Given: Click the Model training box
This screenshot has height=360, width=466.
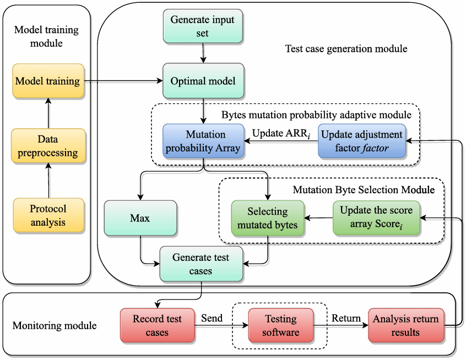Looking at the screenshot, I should coord(48,81).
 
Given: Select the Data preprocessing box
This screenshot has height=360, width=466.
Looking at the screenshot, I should coord(48,146).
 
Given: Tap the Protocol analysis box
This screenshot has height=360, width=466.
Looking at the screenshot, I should coord(48,215).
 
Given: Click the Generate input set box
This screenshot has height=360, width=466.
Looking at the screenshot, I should coord(203,26).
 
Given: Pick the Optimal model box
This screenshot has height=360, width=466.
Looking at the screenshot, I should coord(203,81).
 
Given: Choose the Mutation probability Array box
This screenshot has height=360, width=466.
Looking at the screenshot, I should coord(203,141).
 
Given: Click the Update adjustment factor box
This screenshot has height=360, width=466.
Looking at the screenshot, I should coord(361,141).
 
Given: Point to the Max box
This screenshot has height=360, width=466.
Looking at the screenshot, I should coord(140,219).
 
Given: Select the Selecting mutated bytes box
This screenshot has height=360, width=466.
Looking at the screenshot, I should coord(268,218).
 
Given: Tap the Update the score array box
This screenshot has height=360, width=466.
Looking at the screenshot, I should coord(376,218).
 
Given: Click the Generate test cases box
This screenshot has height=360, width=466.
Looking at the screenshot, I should coord(201,264).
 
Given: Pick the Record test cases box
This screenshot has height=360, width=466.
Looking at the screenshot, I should coord(158,325).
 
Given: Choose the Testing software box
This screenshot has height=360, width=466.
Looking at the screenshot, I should coord(280,325).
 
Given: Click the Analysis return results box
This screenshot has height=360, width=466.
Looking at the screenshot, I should coord(405,325).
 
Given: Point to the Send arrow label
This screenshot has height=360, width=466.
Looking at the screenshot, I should coord(212,318).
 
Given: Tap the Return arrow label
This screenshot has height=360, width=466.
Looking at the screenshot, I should coord(346,318).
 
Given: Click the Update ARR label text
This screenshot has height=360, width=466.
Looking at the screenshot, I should coord(281,134).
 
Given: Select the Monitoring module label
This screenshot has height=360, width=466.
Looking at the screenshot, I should coord(54,326).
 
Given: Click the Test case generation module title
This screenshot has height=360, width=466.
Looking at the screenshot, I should coord(346,49).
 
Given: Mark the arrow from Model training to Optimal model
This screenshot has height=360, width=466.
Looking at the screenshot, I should coord(123,81).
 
